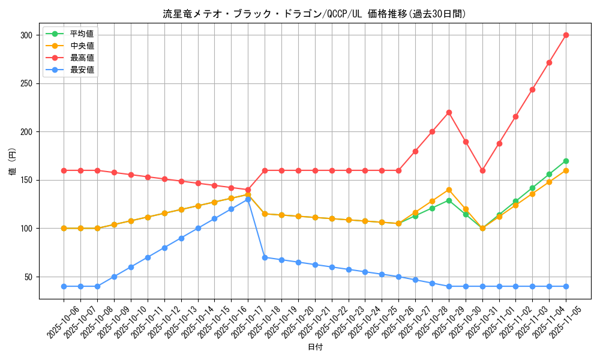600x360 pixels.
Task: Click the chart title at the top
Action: tap(314, 14)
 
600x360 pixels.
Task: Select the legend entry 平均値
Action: tap(82, 34)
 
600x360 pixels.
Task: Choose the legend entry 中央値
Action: tap(82, 46)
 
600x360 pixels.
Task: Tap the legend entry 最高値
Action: tap(82, 58)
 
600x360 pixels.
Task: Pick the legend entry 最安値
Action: tap(82, 70)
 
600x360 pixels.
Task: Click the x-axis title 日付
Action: tap(314, 347)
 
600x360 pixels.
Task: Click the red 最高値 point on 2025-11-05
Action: tap(566, 35)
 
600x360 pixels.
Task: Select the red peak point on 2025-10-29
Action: tap(449, 112)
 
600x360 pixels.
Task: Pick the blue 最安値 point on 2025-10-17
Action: tap(248, 199)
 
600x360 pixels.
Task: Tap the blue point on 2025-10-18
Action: tap(265, 257)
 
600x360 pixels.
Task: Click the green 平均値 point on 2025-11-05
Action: tap(566, 161)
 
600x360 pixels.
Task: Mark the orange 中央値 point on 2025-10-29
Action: tap(449, 190)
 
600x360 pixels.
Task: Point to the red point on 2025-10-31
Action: tap(482, 170)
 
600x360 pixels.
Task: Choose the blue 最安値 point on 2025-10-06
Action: tap(64, 286)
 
